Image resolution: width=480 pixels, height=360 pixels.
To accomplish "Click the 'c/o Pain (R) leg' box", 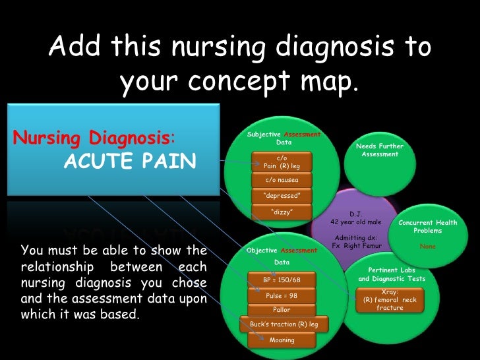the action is click(x=282, y=162).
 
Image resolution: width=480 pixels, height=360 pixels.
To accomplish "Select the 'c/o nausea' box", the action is click(x=282, y=179).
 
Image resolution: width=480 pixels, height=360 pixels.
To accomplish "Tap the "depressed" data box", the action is click(x=282, y=196).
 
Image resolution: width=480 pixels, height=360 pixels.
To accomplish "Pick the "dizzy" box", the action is click(x=282, y=212).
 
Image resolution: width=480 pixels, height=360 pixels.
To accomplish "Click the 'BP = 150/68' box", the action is click(x=282, y=280).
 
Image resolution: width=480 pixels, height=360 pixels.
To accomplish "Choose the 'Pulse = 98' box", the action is click(x=282, y=295).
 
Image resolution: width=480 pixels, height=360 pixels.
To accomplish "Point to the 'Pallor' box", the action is click(x=282, y=310).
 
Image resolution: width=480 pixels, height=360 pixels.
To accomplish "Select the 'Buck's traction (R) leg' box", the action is click(x=284, y=324).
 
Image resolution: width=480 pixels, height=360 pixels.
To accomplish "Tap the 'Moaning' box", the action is click(x=282, y=340).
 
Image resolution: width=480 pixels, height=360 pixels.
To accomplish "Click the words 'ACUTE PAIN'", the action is click(x=130, y=162).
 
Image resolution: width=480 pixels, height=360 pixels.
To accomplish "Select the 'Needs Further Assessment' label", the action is click(x=380, y=150).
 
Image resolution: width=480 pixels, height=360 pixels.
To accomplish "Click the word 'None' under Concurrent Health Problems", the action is click(x=427, y=247).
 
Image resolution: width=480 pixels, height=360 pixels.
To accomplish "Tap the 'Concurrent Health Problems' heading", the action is click(x=428, y=227).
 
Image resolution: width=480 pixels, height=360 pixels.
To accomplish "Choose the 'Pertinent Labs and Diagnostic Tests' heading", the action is click(x=392, y=274).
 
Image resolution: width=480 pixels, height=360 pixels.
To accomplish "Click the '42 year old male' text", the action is click(x=355, y=222).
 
